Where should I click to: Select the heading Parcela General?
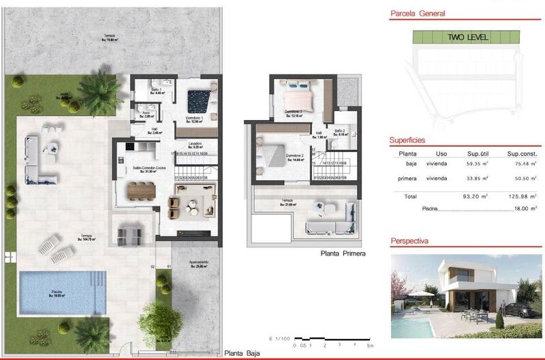(x=417, y=13)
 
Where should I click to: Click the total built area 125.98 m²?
(x=523, y=195)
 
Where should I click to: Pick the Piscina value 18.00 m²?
(x=523, y=209)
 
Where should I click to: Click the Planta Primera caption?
(x=343, y=253)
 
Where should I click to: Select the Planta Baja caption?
(x=242, y=352)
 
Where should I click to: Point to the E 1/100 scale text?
(x=279, y=338)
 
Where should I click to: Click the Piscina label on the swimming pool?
(x=56, y=292)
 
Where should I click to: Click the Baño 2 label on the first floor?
(x=341, y=131)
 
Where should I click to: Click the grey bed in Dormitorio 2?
(x=277, y=156)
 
